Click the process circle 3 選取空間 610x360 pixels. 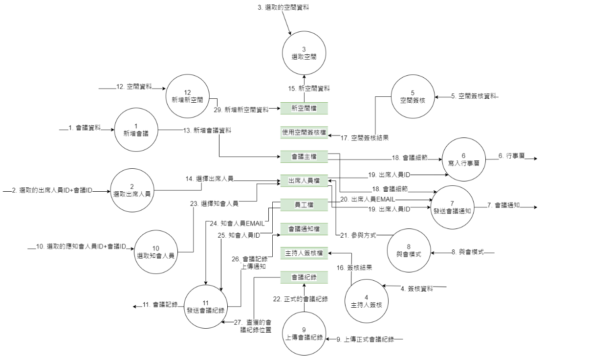point(304,53)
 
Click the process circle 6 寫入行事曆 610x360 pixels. point(463,159)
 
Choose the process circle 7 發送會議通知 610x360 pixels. point(452,207)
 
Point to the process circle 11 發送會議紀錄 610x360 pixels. point(205,306)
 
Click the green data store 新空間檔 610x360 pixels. point(304,108)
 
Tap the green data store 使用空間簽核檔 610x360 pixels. point(304,132)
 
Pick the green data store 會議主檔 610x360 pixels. point(304,157)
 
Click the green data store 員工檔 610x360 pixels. point(304,204)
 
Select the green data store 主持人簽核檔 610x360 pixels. point(304,253)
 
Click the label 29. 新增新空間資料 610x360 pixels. point(241,110)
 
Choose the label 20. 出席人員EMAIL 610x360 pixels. point(368,199)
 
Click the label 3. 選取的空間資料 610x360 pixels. point(283,8)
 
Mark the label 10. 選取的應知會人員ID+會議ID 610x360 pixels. point(81,246)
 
